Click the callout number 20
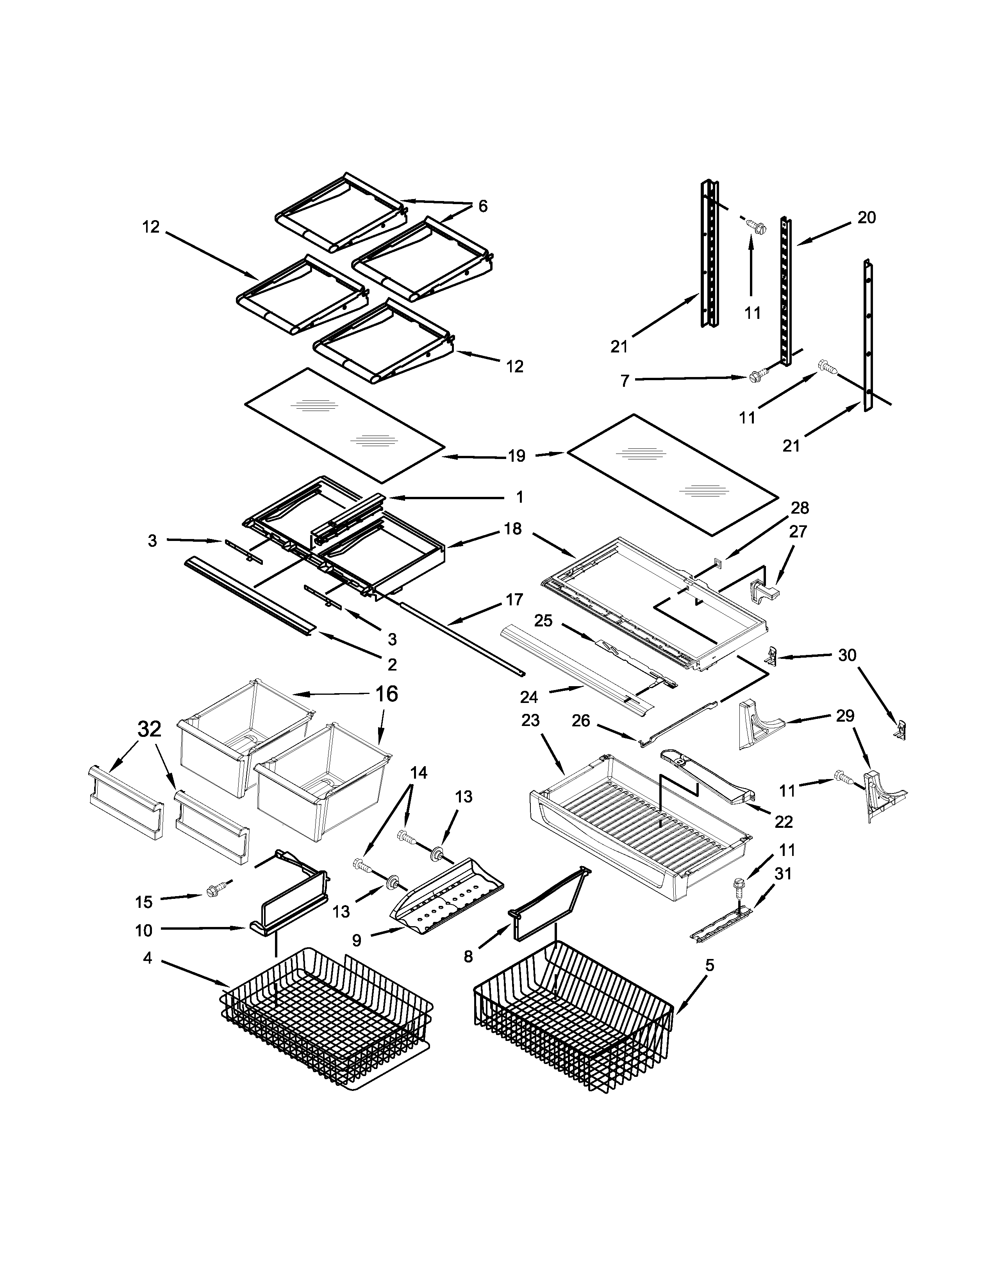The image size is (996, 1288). point(866,218)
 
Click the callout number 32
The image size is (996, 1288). point(149,729)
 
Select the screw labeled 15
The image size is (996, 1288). point(213,891)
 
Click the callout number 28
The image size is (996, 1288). point(800,508)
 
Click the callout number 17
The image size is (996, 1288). point(514,600)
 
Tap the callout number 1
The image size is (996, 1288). point(519,497)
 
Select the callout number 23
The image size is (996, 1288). point(530,720)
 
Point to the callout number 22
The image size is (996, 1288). point(784,822)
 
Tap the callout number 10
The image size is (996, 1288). point(143,930)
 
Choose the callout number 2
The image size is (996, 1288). point(392,665)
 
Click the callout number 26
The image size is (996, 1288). point(581,720)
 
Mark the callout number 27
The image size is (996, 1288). point(798,531)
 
